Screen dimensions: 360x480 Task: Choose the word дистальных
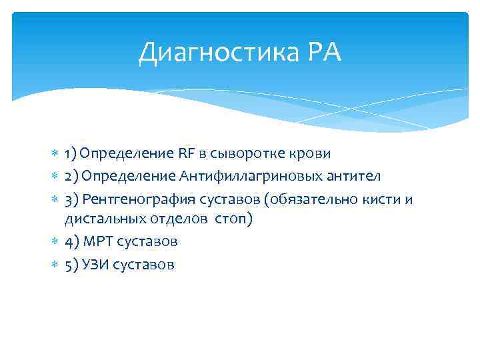pos(97,219)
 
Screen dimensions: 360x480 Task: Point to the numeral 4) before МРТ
pos(71,241)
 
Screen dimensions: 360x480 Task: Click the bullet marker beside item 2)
pos(55,176)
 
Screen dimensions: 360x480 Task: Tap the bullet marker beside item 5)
pos(55,265)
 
